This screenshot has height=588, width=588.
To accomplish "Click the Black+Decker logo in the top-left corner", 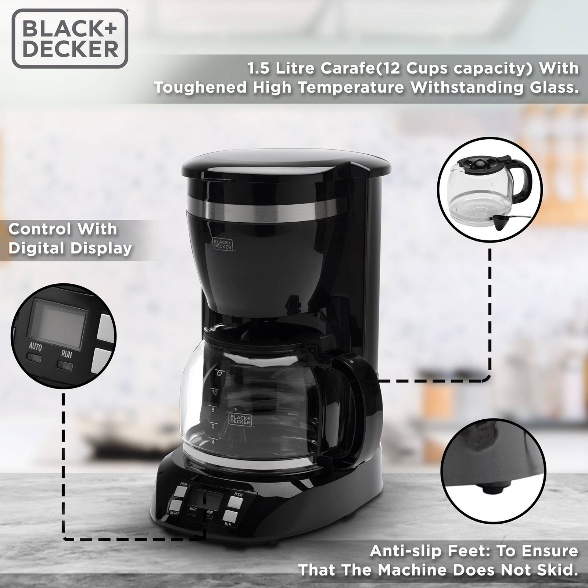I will pos(70,39).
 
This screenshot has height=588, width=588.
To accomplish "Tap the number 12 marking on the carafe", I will pos(219,374).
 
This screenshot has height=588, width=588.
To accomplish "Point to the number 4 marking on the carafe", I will pos(213,442).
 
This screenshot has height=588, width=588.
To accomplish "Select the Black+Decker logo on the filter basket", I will pos(222,244).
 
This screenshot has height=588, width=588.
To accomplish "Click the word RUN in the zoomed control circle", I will pos(67,354).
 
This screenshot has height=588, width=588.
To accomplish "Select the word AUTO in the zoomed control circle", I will pos(35,347).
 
